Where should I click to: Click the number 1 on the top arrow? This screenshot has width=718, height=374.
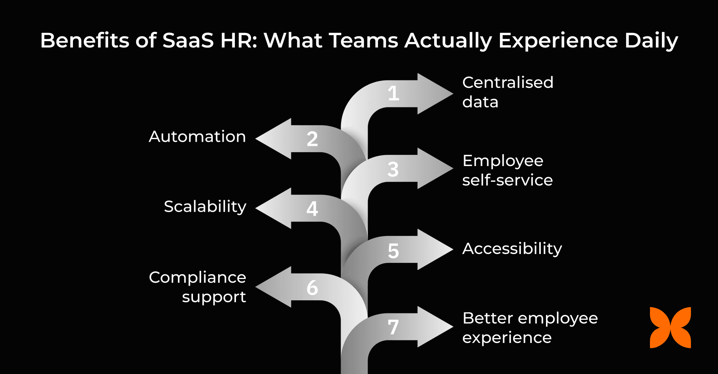(393, 93)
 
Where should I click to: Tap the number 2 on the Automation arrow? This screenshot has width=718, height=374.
(312, 139)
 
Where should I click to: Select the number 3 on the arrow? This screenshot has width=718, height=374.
(393, 169)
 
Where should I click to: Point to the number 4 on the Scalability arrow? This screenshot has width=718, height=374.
(312, 209)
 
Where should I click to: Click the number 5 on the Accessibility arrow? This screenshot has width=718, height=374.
(393, 251)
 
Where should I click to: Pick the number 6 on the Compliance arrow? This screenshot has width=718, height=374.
(312, 288)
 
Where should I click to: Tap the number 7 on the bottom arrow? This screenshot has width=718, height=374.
(393, 327)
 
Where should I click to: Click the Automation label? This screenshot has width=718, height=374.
(197, 137)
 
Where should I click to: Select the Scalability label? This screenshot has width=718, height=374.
(205, 206)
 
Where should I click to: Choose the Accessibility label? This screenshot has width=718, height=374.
(512, 249)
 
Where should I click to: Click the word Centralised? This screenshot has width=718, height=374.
(507, 82)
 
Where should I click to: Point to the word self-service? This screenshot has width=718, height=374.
(507, 180)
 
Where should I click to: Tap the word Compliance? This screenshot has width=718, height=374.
(197, 278)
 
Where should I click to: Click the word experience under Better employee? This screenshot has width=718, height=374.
(507, 338)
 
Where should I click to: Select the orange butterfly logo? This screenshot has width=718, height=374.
(670, 328)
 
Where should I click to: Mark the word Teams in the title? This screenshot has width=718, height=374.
(364, 40)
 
